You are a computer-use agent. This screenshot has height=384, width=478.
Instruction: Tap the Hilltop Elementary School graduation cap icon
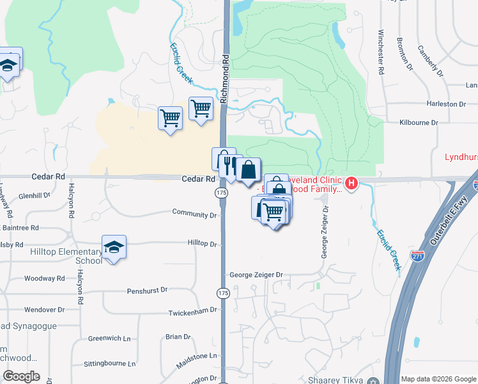pos(114,247)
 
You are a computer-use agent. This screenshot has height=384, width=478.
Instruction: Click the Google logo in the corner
pos(21,376)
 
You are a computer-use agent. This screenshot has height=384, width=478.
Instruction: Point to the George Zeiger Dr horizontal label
pos(256,275)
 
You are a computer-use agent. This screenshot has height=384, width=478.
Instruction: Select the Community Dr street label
pos(194,214)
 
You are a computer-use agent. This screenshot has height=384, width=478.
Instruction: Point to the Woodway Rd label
pos(45,278)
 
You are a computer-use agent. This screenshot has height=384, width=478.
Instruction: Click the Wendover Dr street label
pos(45,309)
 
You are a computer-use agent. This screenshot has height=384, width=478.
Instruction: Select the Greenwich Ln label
pos(109,338)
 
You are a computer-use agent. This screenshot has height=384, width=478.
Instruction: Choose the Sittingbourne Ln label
pos(110,364)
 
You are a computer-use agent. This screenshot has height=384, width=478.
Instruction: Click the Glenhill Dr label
pos(35,196)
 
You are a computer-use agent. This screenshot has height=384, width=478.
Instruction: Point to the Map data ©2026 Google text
pos(438,379)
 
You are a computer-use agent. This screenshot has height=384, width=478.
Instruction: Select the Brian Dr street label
pos(178,337)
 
